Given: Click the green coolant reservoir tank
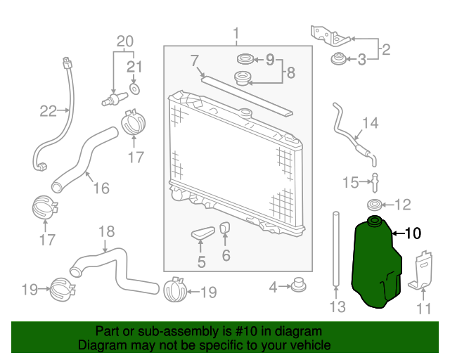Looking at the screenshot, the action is (376, 264).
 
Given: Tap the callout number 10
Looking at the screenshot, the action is (413, 233).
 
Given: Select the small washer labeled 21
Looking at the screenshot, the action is (134, 89).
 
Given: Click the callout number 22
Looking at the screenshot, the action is (48, 111).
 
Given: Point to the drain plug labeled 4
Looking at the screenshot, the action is (299, 285).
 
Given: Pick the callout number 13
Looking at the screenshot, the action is (337, 307).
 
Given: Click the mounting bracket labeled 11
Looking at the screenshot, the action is (420, 270).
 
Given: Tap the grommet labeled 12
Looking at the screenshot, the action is (375, 205).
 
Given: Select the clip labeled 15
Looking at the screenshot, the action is (375, 183).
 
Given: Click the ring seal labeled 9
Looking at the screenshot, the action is (245, 59).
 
